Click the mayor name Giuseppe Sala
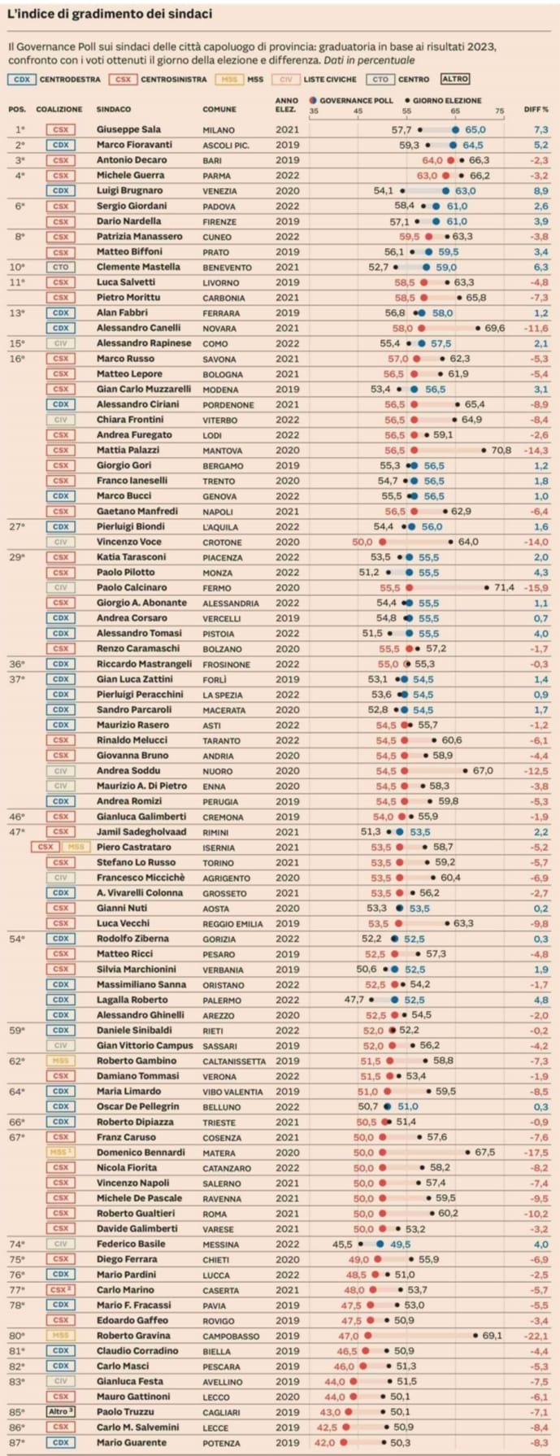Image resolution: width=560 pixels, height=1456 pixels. click(128, 129)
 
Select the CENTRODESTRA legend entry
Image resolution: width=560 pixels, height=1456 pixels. click(70, 80)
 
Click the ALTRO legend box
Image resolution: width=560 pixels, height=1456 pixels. click(455, 80)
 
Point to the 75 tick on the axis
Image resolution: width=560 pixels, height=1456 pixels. click(499, 111)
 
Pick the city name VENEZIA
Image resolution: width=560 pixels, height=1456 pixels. click(219, 191)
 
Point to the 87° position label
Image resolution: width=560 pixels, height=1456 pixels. click(17, 1442)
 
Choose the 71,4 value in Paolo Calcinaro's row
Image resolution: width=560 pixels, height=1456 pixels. click(504, 587)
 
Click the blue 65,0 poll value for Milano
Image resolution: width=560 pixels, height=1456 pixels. click(475, 129)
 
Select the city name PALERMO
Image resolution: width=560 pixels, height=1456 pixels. click(222, 1000)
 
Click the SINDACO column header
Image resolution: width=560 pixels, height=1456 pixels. click(114, 109)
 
